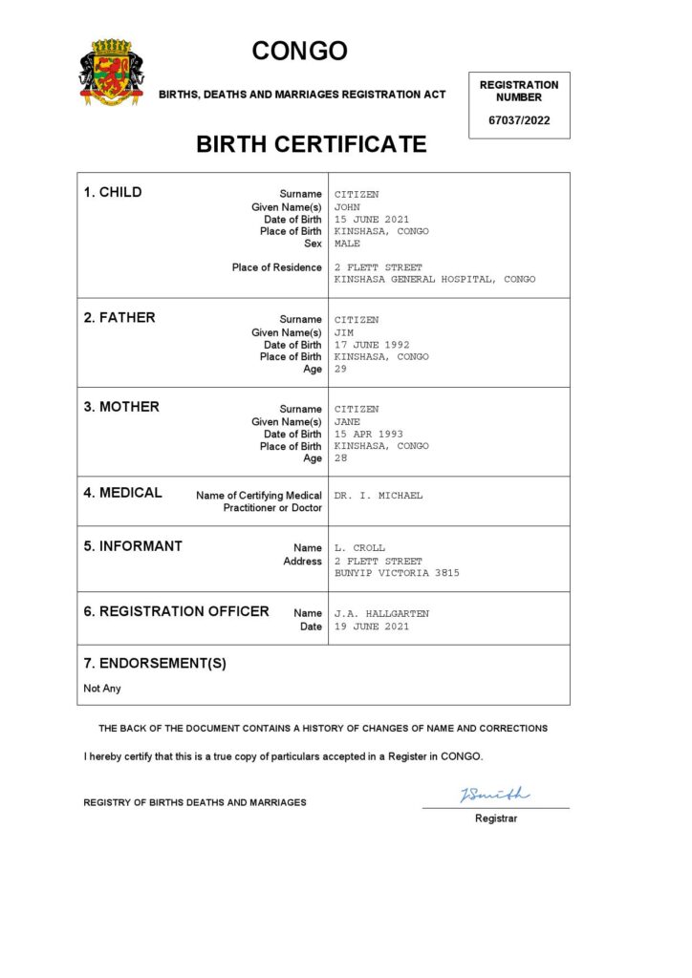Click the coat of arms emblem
(x=112, y=72)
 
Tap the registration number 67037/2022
(x=519, y=120)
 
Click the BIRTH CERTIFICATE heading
(x=311, y=144)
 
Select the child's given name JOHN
(x=347, y=206)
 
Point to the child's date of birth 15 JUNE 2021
(x=372, y=219)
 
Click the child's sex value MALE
(x=347, y=244)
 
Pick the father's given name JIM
(x=344, y=332)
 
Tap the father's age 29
(x=340, y=369)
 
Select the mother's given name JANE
(x=347, y=421)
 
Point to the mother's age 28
(x=340, y=458)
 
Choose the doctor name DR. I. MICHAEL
(x=378, y=496)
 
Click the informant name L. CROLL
(x=359, y=548)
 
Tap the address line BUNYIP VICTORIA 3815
(x=397, y=573)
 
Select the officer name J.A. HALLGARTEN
(x=381, y=613)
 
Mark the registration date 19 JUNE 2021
(x=372, y=627)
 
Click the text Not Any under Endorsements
(x=102, y=689)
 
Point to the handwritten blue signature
(x=494, y=795)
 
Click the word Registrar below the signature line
(x=496, y=819)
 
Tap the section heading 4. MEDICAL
(x=122, y=493)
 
